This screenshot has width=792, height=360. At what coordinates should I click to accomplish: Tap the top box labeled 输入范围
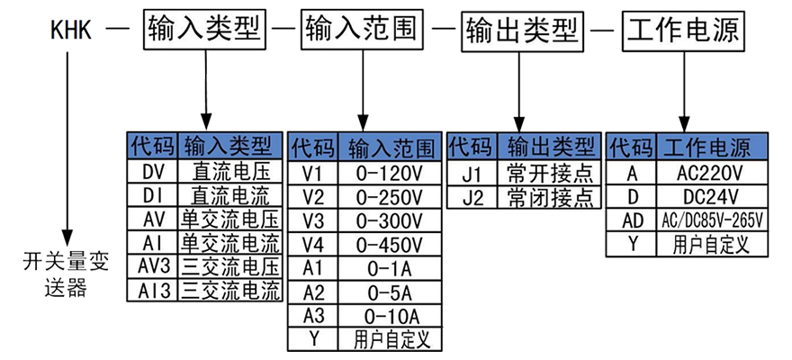click(360, 32)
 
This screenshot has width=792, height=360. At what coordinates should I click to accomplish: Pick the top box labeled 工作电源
click(683, 32)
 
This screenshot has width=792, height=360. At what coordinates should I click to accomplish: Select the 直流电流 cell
click(231, 194)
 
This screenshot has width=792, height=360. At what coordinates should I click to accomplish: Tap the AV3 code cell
click(154, 266)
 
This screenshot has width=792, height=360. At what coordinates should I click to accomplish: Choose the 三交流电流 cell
click(231, 291)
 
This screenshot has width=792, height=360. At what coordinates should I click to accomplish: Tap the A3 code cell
click(313, 316)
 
